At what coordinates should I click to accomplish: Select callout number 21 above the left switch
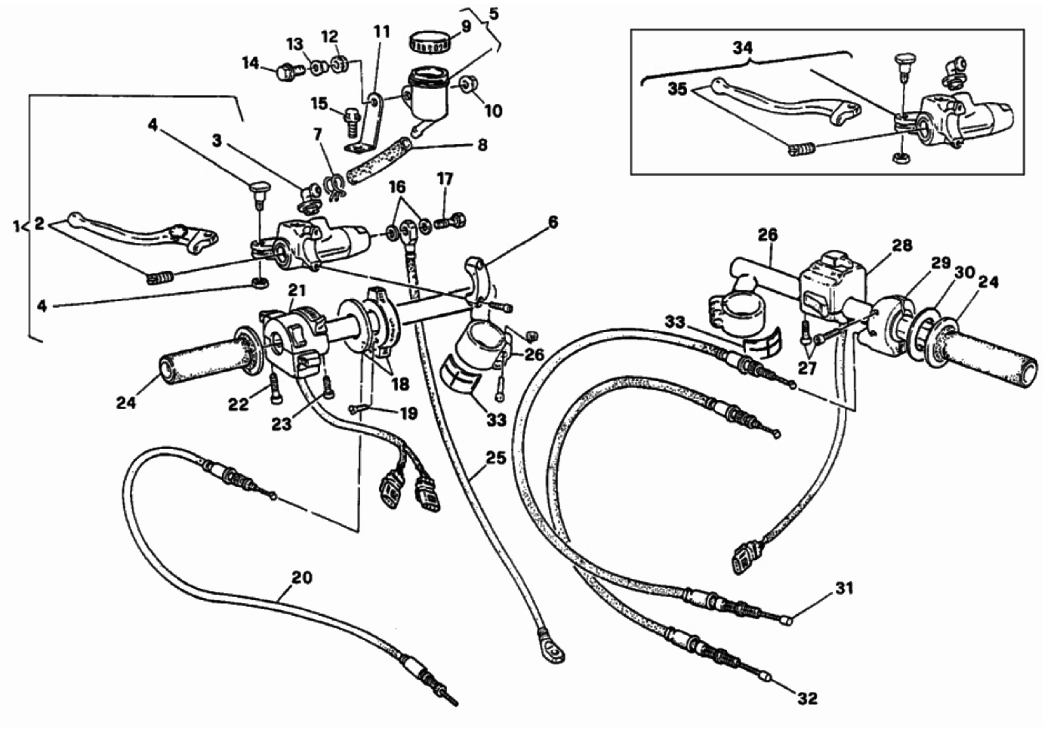click(296, 291)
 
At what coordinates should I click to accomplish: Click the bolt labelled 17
click(454, 220)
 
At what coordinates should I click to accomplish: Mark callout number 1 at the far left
click(17, 226)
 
